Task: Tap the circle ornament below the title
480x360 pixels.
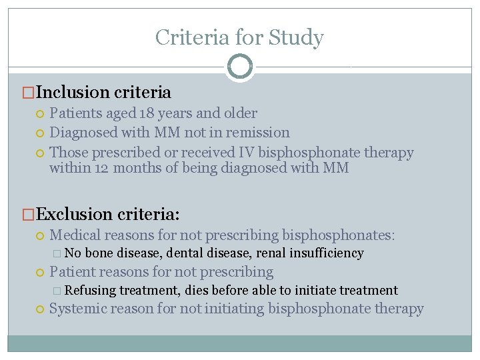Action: (x=240, y=67)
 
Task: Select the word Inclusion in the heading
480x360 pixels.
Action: (x=73, y=93)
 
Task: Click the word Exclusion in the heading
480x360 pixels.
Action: (x=75, y=214)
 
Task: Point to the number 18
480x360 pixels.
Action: (x=148, y=113)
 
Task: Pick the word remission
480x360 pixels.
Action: (x=257, y=133)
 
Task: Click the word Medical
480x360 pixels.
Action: (x=77, y=235)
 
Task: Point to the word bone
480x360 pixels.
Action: (x=99, y=253)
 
